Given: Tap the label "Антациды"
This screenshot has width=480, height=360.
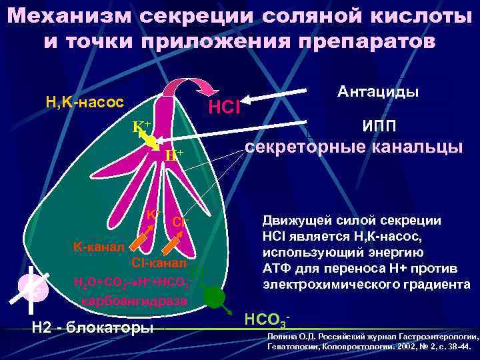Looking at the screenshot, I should (378, 91).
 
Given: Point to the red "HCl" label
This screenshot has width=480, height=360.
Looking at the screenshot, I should (224, 107).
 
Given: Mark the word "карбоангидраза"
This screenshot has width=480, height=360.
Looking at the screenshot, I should (134, 301).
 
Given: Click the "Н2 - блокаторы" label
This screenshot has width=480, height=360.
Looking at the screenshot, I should (93, 327).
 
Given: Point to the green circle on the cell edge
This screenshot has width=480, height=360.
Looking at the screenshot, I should (215, 297).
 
